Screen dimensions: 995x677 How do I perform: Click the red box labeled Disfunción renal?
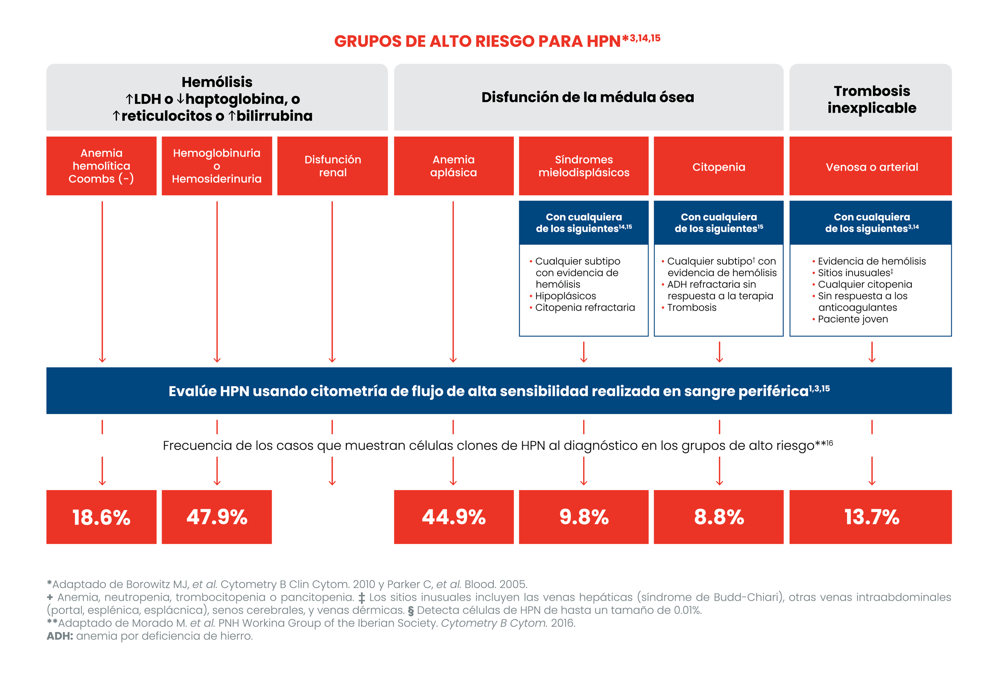coord(332,166)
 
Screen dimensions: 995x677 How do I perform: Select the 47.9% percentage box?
coord(217,517)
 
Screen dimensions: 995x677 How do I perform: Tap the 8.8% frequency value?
coord(719,517)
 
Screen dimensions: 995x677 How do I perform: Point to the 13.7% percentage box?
coord(870,517)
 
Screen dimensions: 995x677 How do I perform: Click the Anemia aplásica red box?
coord(454,166)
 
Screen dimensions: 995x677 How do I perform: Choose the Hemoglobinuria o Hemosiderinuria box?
coord(217,166)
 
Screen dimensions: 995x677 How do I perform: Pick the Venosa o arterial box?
coord(870,166)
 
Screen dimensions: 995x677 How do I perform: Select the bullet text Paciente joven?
coord(853,319)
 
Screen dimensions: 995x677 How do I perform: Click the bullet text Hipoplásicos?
coord(565,296)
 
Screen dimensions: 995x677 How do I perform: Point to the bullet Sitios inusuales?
coord(855,273)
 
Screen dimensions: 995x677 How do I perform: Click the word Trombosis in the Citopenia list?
coord(692,308)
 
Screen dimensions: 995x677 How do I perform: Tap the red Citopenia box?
coord(719,166)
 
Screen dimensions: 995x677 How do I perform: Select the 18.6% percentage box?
coord(102,517)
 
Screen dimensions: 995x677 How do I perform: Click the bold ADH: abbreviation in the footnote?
coord(60,636)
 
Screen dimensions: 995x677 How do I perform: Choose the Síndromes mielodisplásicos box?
coord(584,166)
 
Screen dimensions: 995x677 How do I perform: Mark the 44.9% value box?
coord(454,517)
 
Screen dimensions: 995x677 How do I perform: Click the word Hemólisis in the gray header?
coord(217,82)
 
